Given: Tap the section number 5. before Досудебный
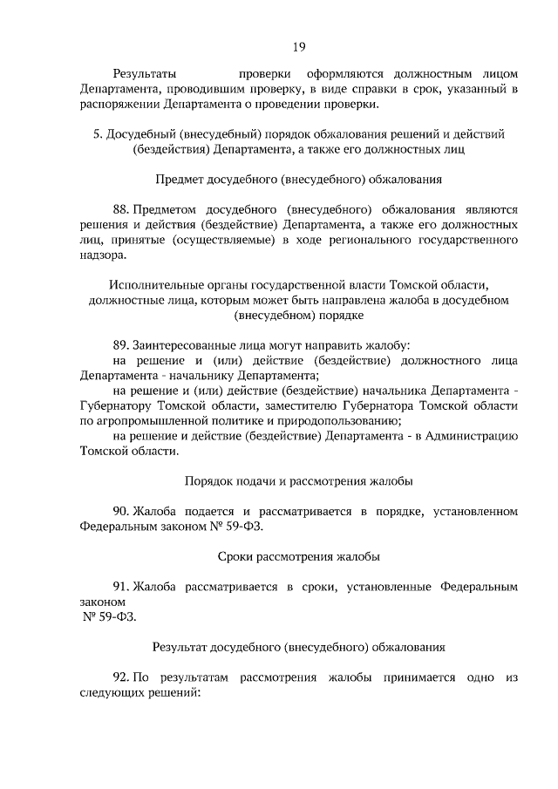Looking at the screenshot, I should pyautogui.click(x=98, y=133).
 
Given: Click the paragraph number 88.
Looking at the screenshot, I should pyautogui.click(x=122, y=209).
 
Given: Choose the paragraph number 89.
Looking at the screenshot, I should pyautogui.click(x=122, y=345).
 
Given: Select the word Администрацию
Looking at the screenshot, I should pyautogui.click(x=471, y=436).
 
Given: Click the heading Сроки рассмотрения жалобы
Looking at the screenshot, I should pyautogui.click(x=298, y=555).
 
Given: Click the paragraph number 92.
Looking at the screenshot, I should pyautogui.click(x=122, y=677).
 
